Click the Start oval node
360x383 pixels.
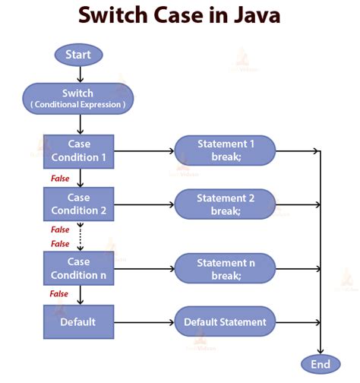(78, 55)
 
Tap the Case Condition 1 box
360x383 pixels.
(78, 150)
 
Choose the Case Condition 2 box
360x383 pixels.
(78, 204)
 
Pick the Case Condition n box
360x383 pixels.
(78, 268)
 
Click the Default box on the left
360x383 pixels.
(78, 321)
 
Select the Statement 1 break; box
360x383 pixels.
(225, 150)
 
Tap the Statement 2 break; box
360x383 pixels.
(225, 204)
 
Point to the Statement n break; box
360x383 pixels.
(225, 269)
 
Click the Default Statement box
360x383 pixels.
(225, 322)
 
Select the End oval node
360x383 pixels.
(320, 364)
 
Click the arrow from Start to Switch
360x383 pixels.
(78, 74)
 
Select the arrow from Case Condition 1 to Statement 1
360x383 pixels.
(144, 151)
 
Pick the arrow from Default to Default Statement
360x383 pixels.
(144, 322)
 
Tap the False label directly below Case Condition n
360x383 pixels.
(60, 293)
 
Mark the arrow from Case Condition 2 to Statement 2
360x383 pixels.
(144, 204)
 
